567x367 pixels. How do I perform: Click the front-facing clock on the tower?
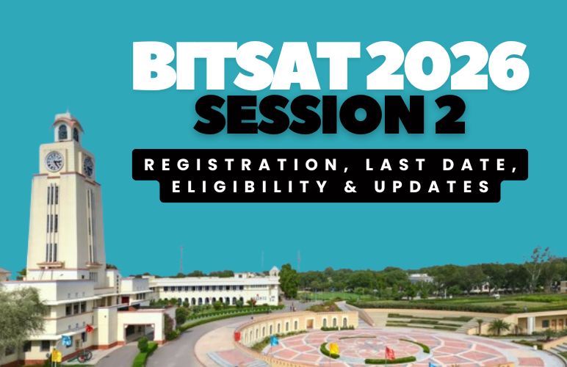coord(55,161)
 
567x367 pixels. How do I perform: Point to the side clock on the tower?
coord(88,165)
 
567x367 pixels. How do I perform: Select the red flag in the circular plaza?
coord(389,352)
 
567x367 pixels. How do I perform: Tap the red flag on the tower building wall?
coord(89,328)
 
